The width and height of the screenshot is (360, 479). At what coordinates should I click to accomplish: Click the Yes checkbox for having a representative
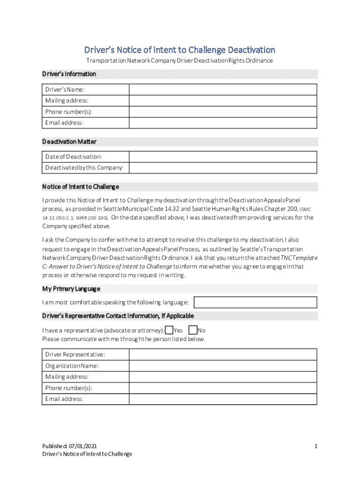point(169,330)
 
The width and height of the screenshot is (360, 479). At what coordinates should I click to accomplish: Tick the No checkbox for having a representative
point(193,330)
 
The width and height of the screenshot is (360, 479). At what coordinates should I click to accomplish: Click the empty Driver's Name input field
point(223,89)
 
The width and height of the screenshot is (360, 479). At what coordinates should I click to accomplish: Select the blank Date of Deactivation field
point(223,157)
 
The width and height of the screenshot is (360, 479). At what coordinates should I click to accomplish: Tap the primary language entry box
point(255,303)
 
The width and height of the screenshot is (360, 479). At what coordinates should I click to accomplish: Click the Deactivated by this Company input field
point(223,168)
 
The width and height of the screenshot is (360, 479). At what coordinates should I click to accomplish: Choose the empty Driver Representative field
point(223,355)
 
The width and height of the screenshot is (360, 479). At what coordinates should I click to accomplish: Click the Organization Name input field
point(223,366)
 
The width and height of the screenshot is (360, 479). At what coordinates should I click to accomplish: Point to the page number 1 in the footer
point(316,446)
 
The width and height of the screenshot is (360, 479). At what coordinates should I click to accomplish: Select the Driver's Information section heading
point(69,74)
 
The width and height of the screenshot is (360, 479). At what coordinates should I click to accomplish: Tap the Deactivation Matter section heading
point(69,141)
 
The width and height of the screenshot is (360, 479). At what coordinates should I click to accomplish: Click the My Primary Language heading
point(71,289)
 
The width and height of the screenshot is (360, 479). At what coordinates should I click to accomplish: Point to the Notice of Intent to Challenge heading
point(80,187)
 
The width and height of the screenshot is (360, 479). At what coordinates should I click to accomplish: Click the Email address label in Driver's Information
point(64,123)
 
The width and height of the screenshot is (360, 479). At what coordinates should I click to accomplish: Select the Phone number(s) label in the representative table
point(68,388)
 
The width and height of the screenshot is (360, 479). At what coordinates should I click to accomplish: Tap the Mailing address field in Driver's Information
point(223,101)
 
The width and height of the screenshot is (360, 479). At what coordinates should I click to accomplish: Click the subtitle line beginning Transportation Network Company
point(180,61)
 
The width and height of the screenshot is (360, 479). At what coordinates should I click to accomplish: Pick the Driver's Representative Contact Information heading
point(118,316)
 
